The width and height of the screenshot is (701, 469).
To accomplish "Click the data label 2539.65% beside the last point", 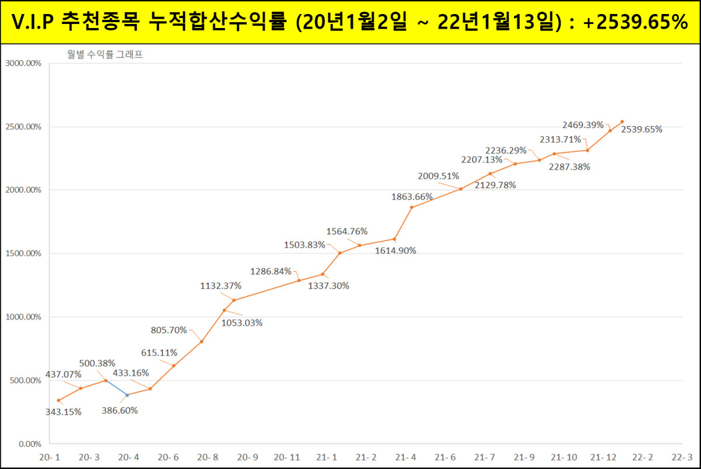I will pos(641,130).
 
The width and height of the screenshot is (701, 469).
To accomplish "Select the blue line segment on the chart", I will pos(117,388).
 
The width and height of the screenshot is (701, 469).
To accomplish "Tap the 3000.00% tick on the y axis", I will pos(23,64).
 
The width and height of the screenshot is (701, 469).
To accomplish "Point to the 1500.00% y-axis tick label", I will pos(23,253).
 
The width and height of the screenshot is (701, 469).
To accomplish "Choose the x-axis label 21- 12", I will pos(603,457).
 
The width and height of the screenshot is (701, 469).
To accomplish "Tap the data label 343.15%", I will pos(63,412).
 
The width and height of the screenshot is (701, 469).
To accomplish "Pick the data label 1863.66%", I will pos(412,197).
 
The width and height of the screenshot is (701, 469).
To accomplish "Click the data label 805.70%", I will pos(169,330).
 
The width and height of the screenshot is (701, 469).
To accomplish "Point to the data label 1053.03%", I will pos(242,323).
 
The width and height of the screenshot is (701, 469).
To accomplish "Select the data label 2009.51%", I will pos(438,176).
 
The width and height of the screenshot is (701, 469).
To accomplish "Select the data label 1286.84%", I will pos(270,272).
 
